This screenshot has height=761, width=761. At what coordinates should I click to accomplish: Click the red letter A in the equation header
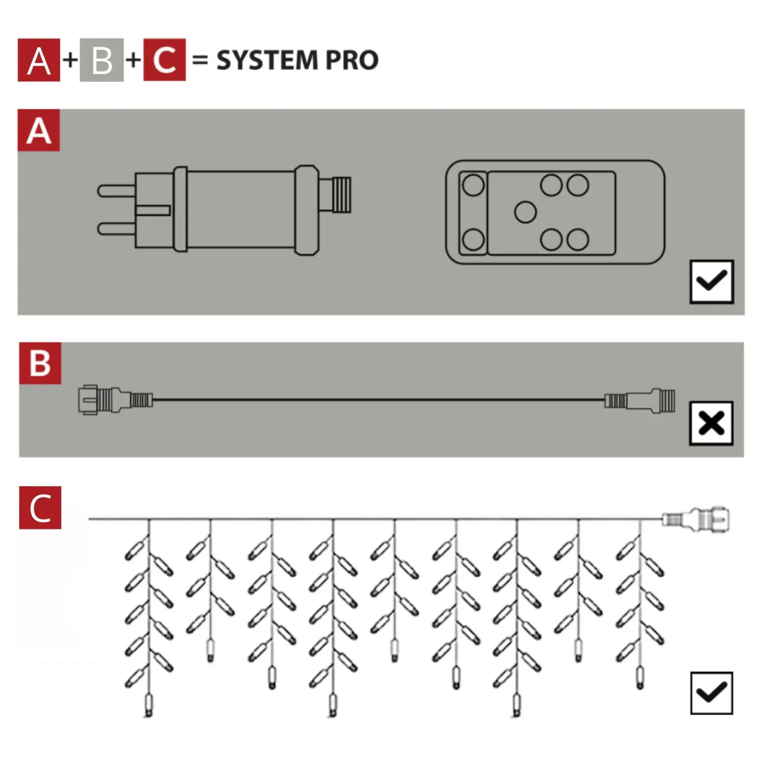(x=39, y=60)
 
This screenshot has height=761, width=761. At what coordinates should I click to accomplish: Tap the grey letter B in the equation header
(x=101, y=60)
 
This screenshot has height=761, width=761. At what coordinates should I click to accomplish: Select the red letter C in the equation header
(x=164, y=60)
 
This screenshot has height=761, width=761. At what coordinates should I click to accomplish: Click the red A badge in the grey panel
(x=39, y=130)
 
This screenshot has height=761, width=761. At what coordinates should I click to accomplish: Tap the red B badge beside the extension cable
(x=40, y=363)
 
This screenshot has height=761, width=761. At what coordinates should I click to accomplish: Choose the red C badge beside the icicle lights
(x=40, y=507)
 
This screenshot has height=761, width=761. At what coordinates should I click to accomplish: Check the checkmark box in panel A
(x=712, y=281)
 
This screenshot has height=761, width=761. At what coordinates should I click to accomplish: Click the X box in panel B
(x=711, y=423)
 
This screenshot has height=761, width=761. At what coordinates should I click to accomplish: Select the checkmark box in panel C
(x=712, y=693)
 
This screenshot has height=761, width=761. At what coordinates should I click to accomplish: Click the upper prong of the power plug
(x=117, y=190)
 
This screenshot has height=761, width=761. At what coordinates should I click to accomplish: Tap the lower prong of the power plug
(x=117, y=229)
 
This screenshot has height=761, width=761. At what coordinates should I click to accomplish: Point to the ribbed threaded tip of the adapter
(x=341, y=195)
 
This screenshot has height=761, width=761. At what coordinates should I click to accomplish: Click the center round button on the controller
(x=525, y=212)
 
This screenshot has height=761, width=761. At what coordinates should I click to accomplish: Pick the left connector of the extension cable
(x=116, y=400)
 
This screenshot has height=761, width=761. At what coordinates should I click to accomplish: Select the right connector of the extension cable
(x=640, y=400)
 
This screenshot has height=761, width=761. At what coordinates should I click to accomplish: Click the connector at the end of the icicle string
(x=696, y=519)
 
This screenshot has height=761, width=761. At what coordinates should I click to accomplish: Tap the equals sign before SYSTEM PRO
(x=200, y=60)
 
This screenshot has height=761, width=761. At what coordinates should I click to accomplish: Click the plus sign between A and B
(x=70, y=60)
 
